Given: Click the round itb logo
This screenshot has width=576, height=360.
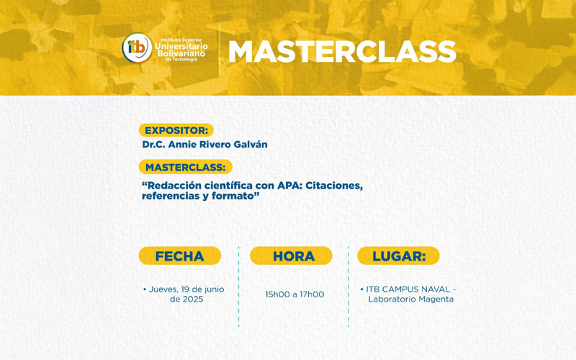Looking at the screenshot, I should [137, 48].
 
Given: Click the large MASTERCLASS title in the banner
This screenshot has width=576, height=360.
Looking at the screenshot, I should [342, 52].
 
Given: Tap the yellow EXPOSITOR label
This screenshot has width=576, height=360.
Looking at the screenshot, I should [176, 130].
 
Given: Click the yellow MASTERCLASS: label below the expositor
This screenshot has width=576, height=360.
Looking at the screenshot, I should [185, 167].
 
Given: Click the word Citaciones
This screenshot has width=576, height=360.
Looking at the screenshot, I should [334, 185].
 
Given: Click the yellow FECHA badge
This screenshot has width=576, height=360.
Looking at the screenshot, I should [179, 256].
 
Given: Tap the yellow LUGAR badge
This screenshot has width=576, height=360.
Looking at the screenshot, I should [398, 256].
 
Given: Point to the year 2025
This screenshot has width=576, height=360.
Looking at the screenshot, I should [192, 299].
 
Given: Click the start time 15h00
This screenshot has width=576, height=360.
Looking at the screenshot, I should [278, 294].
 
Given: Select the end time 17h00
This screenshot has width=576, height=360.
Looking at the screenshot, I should [311, 294].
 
